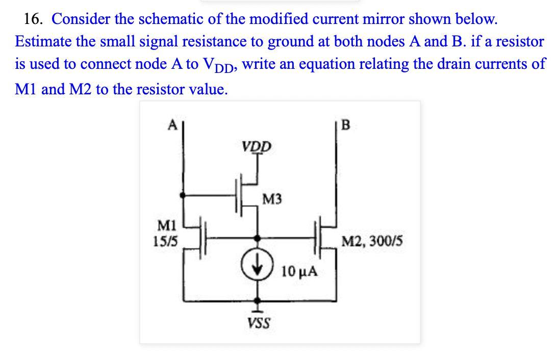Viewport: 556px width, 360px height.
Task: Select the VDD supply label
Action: click(257, 147)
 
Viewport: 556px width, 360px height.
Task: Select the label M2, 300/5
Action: click(372, 240)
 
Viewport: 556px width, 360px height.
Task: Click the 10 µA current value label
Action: click(299, 271)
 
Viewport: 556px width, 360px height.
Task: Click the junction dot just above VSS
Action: click(259, 300)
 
